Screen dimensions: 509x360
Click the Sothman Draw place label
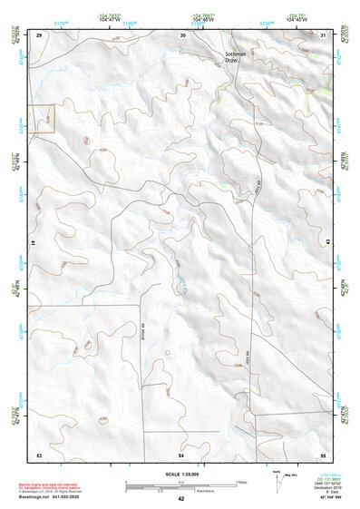coord(236,57)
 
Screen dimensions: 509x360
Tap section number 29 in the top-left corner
coord(39,35)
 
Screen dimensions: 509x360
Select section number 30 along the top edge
coord(182,35)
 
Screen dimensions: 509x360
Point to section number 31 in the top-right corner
coord(324,35)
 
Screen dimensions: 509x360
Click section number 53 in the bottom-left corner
coord(39,454)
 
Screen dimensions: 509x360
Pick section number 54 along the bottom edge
coord(181,454)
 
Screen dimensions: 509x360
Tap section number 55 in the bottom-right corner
coord(323,454)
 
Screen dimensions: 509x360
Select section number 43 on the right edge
coord(326,241)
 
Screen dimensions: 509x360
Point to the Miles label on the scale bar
coord(242,482)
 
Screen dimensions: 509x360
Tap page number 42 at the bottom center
coord(181,500)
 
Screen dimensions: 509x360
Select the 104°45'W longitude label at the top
coord(297,19)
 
